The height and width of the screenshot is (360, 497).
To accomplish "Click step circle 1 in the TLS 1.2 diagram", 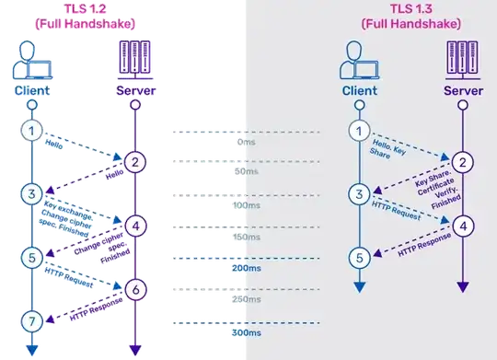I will tap(30, 132).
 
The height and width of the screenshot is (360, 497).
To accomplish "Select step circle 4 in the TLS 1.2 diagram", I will tap(134, 226).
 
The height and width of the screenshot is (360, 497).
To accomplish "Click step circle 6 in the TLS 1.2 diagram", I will tap(134, 288).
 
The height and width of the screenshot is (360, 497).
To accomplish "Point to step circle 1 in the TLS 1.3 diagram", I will tap(361, 132).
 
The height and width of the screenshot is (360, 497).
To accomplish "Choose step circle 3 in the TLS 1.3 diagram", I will tap(361, 194).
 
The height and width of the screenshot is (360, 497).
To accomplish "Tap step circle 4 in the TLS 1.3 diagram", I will tap(463, 226).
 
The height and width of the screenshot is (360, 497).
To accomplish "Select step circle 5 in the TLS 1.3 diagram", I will tap(361, 257).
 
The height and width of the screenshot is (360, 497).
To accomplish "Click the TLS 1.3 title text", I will tap(411, 15).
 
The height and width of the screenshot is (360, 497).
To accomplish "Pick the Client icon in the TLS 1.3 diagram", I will tap(361, 60).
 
